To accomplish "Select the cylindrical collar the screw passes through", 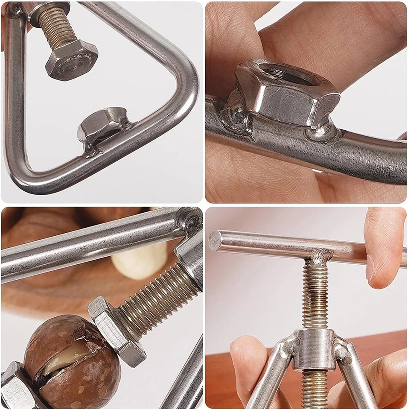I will (314, 348).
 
